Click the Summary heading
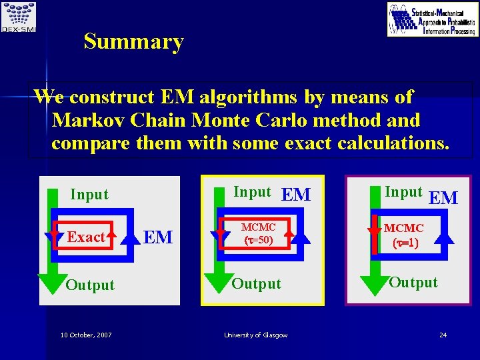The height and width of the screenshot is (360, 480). [x=133, y=42]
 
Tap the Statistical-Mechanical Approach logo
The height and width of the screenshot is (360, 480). [x=433, y=19]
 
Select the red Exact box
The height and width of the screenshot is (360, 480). [x=86, y=237]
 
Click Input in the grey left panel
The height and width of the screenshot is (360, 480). [x=89, y=195]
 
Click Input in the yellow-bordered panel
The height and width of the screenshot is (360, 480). [x=252, y=192]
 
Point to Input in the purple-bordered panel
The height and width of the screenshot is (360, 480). [x=403, y=192]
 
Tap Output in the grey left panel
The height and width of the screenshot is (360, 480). [x=90, y=285]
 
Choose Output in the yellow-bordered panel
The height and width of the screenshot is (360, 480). [x=256, y=283]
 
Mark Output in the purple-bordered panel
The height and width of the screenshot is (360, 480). [x=413, y=282]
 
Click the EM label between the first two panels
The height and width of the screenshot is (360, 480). [x=159, y=237]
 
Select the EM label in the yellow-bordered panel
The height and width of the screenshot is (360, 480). [x=296, y=195]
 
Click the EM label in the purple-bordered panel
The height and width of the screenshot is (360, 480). [x=443, y=198]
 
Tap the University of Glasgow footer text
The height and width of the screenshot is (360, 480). [x=257, y=335]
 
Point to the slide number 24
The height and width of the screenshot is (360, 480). [x=443, y=335]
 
